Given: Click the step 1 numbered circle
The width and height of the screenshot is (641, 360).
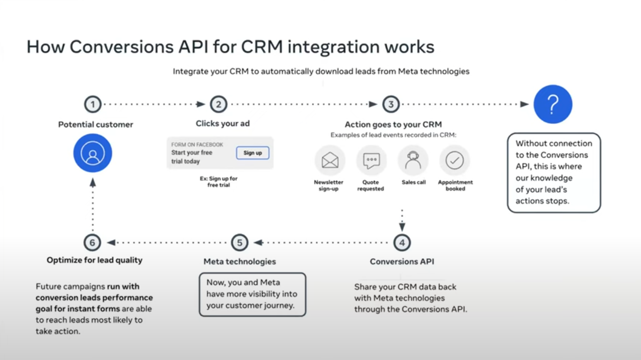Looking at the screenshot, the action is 93,104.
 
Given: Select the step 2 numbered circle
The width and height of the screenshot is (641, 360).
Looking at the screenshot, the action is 219,104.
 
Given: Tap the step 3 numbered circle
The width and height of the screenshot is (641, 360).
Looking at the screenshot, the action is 391,104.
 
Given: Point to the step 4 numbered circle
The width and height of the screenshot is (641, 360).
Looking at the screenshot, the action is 402,243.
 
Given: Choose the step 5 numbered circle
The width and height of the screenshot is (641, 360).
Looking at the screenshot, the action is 240,243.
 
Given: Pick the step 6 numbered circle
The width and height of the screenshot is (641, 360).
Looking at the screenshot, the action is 92,243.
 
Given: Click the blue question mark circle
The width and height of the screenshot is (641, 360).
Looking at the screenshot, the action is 553,104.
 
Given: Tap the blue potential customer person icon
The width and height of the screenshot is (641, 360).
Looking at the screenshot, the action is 93,153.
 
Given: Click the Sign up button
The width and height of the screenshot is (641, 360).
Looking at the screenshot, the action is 253,153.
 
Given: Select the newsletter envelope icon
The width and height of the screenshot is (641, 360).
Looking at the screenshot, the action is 330,160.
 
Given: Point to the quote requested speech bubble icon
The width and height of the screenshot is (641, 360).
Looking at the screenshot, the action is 372,160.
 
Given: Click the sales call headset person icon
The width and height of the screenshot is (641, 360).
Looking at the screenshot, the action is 413,160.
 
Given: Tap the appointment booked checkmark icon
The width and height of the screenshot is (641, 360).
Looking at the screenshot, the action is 455,160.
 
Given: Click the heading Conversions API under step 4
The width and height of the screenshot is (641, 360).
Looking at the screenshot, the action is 402,261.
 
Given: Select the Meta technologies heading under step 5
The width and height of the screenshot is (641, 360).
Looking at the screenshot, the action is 240,261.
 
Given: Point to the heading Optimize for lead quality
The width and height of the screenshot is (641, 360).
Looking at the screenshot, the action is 95,260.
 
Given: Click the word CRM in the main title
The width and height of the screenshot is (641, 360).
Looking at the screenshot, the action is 262,47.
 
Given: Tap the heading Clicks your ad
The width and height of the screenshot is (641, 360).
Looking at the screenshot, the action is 223,123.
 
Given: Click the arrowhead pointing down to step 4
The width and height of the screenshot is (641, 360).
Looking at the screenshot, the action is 402,227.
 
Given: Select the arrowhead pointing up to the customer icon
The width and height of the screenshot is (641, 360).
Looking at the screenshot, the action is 93,183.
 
